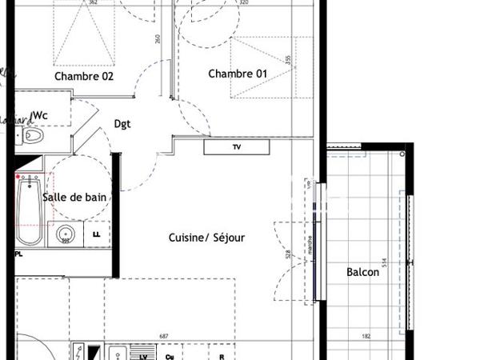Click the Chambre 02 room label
[x=84, y=77]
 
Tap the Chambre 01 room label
[x=238, y=74]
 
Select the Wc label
[x=40, y=116]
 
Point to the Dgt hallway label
[x=122, y=124]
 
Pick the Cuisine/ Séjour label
[x=206, y=238]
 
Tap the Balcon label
[x=362, y=272]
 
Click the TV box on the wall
[x=236, y=147]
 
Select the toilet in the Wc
[x=31, y=135]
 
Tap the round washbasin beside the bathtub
[x=66, y=235]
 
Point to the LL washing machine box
[x=97, y=235]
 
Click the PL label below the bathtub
[x=18, y=254]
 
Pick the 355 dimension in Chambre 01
[x=286, y=61]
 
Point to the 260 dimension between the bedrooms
[x=157, y=38]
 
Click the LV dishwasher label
[x=143, y=356]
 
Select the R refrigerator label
[x=221, y=356]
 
